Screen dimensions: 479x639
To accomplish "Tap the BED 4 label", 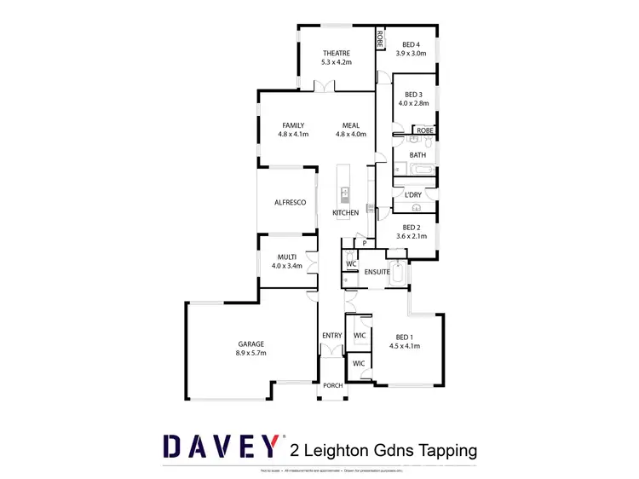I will pos(412,44).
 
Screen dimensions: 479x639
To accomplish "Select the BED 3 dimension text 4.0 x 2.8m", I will pos(414,104).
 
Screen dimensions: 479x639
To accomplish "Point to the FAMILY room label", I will pos(292,125).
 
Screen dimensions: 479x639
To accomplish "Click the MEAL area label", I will pos(351,125).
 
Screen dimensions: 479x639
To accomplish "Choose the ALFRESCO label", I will pos(290,202).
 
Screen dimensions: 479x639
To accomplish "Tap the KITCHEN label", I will pos(345,212).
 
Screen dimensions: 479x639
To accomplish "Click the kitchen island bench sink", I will pos(346,192).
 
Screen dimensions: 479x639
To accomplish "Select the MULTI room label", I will pos(286,257).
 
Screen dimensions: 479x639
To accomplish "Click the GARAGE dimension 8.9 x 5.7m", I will pos(250,353).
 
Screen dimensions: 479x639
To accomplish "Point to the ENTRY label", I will pos(331,336).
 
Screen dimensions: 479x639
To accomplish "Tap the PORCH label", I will pos(332,385).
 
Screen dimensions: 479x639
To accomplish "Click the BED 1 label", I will pos(405,336).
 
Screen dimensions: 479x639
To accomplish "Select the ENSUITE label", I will pos(377,272).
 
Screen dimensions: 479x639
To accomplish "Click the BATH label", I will pos(417,154).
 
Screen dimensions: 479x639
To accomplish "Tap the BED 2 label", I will pos(412,227).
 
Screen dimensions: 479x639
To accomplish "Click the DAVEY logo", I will pos(221,447).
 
